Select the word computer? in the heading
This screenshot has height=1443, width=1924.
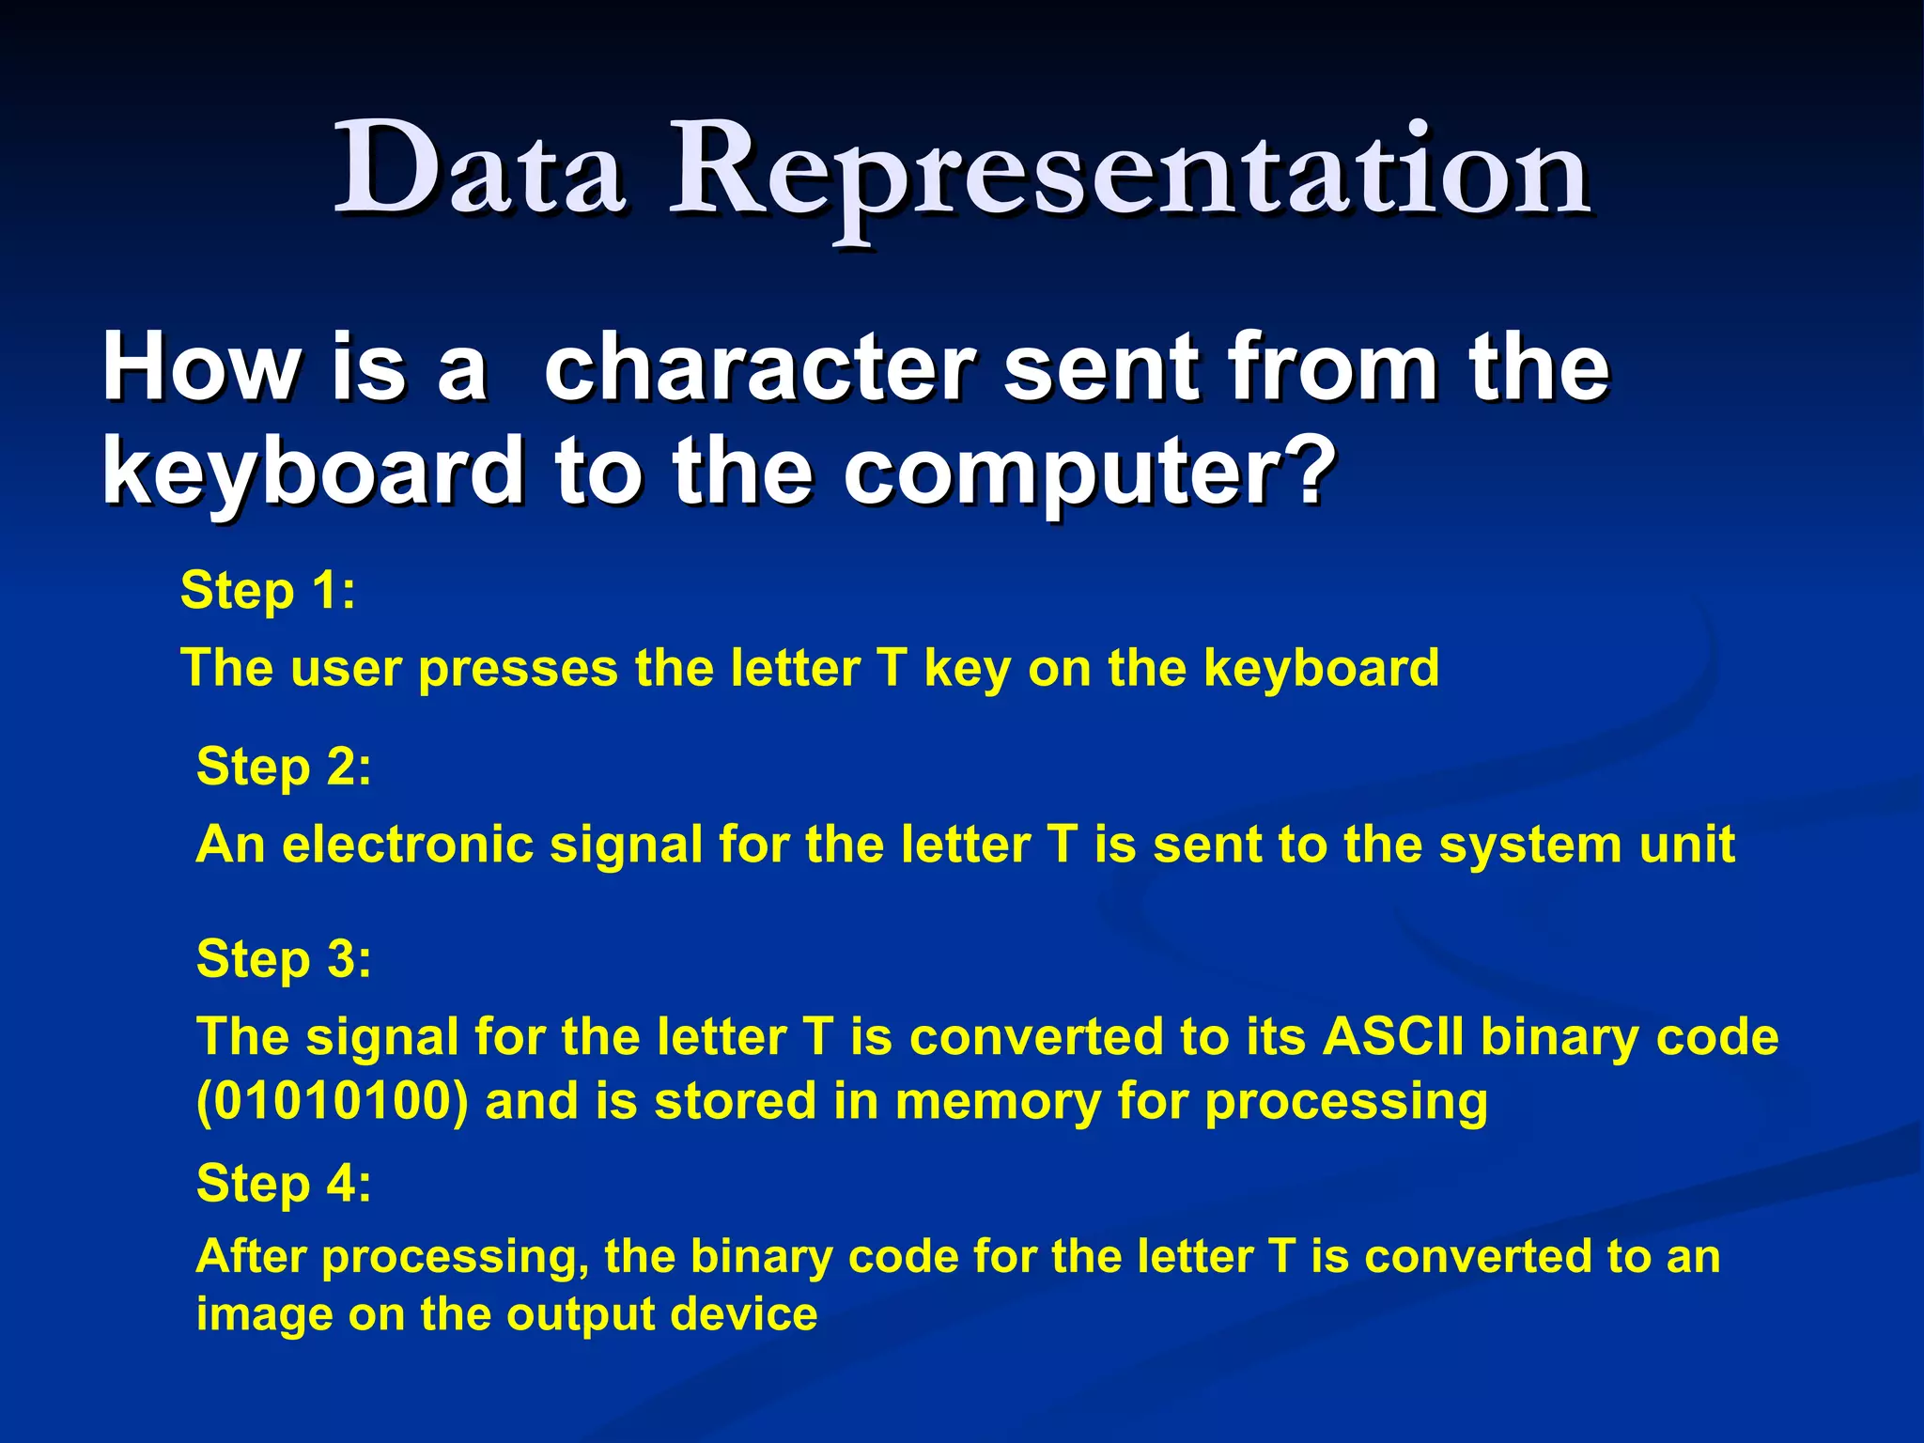click(x=1090, y=472)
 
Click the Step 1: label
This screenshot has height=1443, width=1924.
click(x=268, y=592)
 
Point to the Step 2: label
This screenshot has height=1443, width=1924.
click(x=284, y=768)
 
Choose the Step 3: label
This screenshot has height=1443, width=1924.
click(x=284, y=960)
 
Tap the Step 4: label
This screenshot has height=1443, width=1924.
click(x=284, y=1183)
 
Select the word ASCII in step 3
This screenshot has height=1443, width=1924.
click(x=1393, y=1038)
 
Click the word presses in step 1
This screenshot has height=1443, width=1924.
click(x=519, y=669)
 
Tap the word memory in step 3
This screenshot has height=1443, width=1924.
click(x=997, y=1102)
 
